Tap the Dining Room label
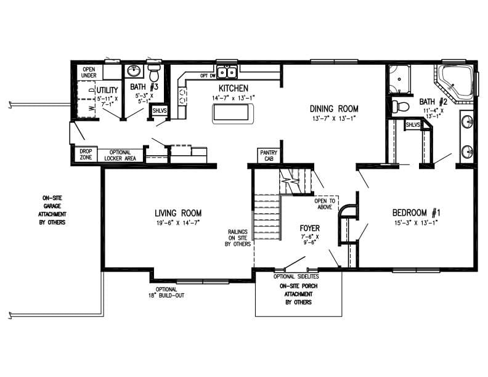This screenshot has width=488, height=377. click(333, 108)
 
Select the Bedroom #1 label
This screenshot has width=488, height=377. click(416, 213)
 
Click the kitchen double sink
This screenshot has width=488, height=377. click(227, 73)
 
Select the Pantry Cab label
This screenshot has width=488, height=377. click(268, 155)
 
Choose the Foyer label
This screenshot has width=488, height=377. click(310, 227)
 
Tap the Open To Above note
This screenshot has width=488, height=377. click(325, 204)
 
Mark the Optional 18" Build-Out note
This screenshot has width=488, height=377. click(166, 292)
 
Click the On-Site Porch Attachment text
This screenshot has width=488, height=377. click(299, 294)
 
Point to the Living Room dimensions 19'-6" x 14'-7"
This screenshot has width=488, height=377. click(177, 222)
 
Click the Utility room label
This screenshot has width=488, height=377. click(107, 90)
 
